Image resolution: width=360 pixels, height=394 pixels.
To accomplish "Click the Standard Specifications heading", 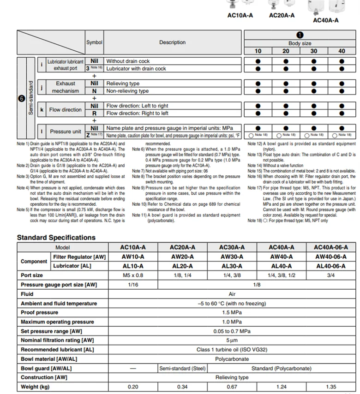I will pos(56,238).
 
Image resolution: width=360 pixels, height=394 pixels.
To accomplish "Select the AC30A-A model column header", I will pos(232,247).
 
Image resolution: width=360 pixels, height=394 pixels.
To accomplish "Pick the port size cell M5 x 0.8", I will pos(132,275).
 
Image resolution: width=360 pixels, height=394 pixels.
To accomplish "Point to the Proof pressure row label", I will pos(40,313).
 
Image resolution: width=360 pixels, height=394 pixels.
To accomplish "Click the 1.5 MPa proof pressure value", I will pos(232,313).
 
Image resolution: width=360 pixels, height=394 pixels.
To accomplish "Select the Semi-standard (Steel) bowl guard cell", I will pos(182,368).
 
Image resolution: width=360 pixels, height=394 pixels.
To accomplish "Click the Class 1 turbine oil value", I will pos(232,350).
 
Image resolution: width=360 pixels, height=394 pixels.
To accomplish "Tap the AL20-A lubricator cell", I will pos(182,266).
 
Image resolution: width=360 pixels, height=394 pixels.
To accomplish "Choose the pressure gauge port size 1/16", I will pos(132,285).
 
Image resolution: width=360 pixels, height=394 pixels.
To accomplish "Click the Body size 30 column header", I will pos(314,51).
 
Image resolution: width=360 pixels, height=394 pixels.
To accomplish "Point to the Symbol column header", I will pos(94,42).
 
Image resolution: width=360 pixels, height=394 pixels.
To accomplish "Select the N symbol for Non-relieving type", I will pos(94,91).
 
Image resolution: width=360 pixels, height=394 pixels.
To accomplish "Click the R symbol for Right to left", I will pos(94,113).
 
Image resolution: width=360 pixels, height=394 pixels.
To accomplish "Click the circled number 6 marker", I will pos(21,98).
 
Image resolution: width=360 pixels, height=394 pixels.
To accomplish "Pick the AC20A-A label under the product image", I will pos(282,15).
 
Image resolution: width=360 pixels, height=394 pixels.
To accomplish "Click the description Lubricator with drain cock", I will pos(136,69).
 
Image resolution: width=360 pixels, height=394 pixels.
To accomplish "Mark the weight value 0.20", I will pos(132,387).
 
